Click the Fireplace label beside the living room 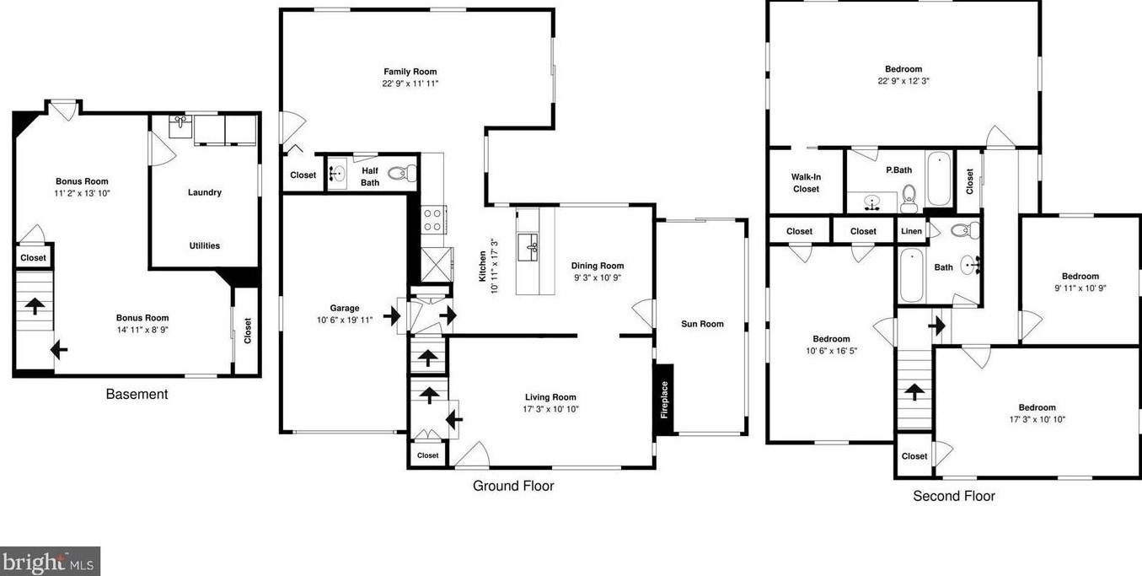(x=664, y=400)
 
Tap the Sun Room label (x=702, y=324)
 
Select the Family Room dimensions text (x=410, y=83)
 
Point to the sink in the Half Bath (x=338, y=175)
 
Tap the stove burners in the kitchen (x=432, y=220)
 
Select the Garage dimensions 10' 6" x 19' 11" (x=345, y=320)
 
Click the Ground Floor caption (x=512, y=486)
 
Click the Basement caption (x=137, y=394)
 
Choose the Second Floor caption (x=953, y=496)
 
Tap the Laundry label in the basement (x=204, y=192)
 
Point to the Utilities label (x=204, y=246)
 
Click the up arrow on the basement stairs (x=35, y=305)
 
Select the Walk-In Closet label (x=805, y=183)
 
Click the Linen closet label (x=911, y=231)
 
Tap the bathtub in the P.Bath (x=940, y=179)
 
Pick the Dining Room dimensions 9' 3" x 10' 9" (x=597, y=277)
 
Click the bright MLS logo (x=50, y=561)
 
